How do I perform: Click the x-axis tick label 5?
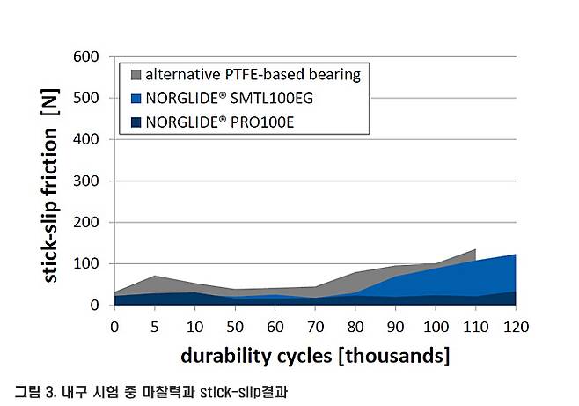pos(154,326)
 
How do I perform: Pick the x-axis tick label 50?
pos(234,326)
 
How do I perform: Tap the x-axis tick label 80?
pos(355,326)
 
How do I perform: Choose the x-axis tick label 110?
pos(474,326)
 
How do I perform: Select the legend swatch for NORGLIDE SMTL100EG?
pos(135,98)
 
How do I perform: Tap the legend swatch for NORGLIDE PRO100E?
pos(135,122)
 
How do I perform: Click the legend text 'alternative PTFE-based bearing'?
pos(253,74)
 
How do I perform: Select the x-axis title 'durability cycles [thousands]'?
pos(315,357)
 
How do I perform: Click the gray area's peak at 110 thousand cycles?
pos(474,250)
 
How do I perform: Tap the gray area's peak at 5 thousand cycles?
pos(154,277)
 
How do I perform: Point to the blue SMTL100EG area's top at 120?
pos(514,255)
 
